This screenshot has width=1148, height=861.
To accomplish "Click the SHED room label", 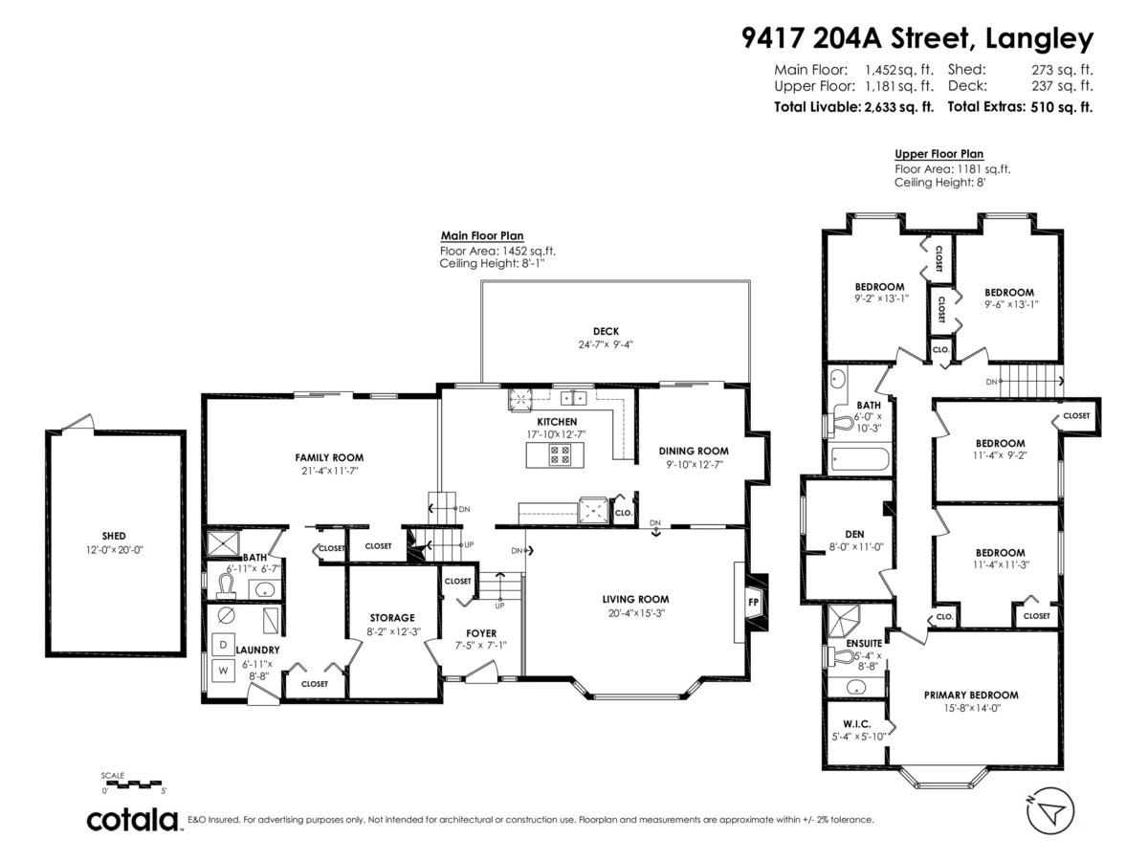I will pos(114,536).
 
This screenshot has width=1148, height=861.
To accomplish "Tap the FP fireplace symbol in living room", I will pos(752,602).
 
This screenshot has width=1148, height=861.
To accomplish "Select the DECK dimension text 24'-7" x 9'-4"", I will pos(606,345).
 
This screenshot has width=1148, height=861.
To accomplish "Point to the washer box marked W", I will pos(224,671).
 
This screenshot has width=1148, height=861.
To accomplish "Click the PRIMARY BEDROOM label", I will pos(970,695).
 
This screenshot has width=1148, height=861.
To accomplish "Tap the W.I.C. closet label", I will pos(855,723).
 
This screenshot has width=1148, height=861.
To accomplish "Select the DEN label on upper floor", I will pos(841,534).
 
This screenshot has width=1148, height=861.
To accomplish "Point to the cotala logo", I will pos(133,820).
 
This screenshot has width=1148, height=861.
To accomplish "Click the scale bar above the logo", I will pos(134,784).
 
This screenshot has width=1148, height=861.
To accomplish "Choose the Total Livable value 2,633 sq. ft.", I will pos(897,107).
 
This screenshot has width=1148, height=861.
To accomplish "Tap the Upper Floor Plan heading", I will pos(938,154).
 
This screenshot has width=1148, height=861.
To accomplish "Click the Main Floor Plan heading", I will pos(481,236).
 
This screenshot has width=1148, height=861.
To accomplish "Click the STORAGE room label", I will pos(392,617).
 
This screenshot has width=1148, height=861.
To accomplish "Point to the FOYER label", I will pos(480,633).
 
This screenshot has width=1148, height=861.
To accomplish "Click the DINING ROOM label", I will pos(694,451).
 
